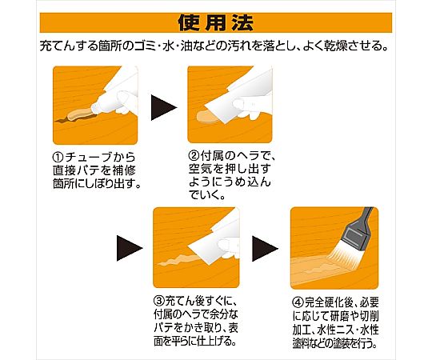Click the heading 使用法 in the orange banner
coord(216,23)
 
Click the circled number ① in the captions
coord(58,158)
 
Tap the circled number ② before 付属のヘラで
coord(194,156)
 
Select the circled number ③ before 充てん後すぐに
coord(158,301)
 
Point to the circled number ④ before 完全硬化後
coord(298,303)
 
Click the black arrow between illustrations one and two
coord(163,107)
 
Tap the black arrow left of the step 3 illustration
coord(130,248)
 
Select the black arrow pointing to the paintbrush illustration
coord(265,249)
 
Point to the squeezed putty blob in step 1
coord(79,114)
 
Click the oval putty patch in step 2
coord(207,118)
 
